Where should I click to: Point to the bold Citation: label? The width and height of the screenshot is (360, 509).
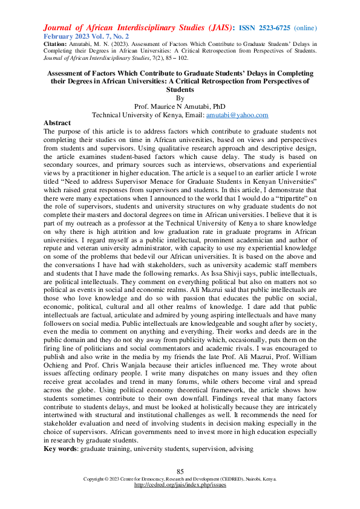tap(57, 45)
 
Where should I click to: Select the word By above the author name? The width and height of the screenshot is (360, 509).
tap(179, 97)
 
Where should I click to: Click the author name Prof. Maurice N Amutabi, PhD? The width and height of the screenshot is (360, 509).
tap(180, 106)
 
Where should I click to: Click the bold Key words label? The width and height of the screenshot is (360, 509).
tap(61, 449)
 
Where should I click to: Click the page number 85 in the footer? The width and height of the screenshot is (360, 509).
tap(180, 472)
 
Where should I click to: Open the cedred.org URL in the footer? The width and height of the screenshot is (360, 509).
tap(180, 485)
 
